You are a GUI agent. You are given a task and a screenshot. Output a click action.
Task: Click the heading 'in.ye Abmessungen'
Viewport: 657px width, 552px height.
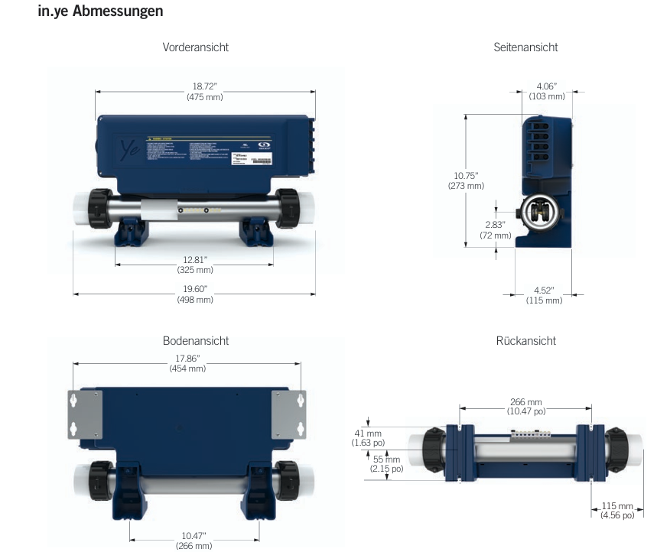[x=100, y=12]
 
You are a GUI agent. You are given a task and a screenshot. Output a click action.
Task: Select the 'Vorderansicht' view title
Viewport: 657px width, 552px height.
[x=195, y=47]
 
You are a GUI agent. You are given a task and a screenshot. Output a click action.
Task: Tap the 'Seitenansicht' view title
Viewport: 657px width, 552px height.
[x=525, y=47]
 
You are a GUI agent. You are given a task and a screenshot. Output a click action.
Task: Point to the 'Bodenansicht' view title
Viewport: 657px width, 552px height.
[x=195, y=341]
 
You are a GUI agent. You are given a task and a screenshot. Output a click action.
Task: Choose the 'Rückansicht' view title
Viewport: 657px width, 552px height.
[x=525, y=341]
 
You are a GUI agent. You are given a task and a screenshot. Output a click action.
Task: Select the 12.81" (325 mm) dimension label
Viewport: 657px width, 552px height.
[x=195, y=265]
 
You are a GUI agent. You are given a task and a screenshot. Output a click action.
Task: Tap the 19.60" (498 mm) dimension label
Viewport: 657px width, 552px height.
[x=195, y=294]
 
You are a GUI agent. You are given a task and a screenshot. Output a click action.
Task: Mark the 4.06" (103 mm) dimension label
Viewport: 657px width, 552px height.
[x=546, y=92]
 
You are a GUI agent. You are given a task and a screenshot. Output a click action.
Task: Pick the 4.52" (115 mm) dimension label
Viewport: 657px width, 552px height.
[x=544, y=295]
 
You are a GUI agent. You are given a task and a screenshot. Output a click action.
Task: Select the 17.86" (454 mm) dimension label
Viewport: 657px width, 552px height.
[x=187, y=363]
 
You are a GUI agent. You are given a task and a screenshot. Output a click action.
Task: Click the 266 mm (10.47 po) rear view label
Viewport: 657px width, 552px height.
[x=525, y=407]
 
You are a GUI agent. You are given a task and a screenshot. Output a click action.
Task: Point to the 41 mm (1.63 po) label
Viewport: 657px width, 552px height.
[x=368, y=437]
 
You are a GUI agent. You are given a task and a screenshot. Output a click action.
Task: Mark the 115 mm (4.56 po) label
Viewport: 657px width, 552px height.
[x=617, y=511]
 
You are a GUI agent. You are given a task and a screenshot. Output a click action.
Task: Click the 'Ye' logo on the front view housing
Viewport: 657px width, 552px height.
[x=125, y=148]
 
